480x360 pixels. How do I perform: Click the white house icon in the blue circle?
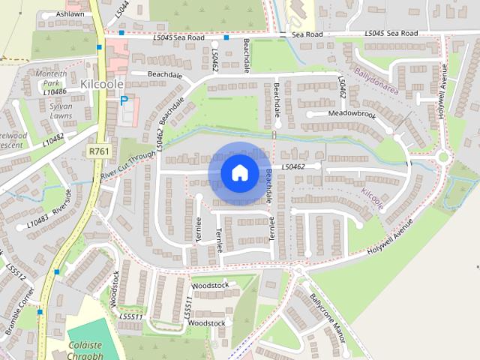239,172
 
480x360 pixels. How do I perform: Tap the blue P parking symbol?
124,100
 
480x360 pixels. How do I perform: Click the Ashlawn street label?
70,14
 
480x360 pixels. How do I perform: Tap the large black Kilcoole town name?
103,84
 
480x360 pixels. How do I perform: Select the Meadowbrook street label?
352,114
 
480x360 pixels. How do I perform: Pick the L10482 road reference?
53,139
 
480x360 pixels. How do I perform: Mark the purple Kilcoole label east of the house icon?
372,198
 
